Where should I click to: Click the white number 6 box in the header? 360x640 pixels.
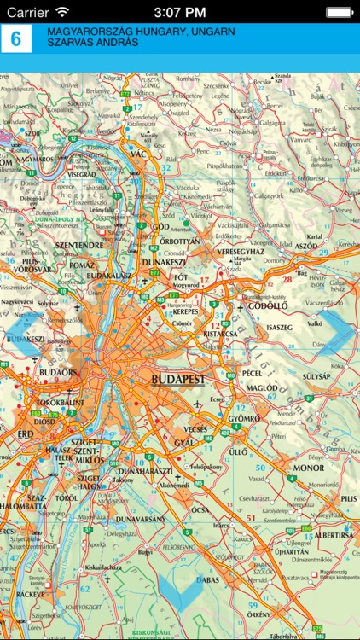15,40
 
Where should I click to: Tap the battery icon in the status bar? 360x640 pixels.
340,11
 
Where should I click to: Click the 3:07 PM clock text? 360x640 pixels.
180,11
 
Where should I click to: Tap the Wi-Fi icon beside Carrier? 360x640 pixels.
62,11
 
